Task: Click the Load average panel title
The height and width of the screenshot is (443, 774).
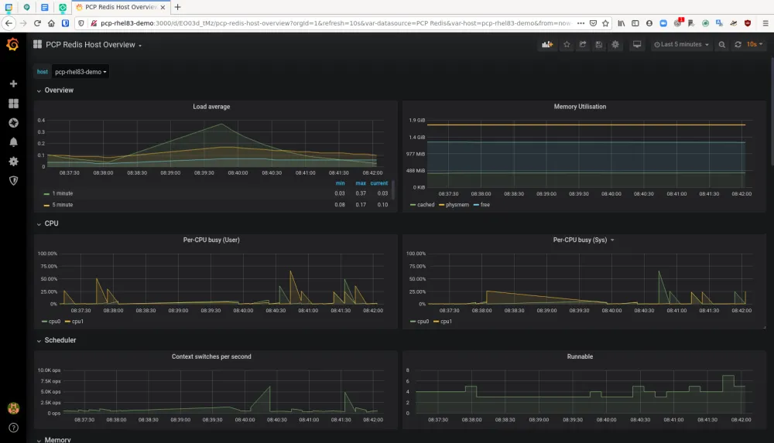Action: click(211, 107)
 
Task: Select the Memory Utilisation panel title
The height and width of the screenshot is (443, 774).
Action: click(580, 107)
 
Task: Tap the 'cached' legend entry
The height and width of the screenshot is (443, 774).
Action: click(426, 205)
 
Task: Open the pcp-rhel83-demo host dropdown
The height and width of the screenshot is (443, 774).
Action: click(81, 72)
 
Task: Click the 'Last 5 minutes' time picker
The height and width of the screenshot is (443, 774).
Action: click(682, 45)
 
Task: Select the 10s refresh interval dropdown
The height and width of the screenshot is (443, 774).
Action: click(755, 45)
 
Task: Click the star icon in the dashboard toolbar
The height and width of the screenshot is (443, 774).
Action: click(567, 45)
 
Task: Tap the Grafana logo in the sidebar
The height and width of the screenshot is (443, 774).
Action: click(12, 45)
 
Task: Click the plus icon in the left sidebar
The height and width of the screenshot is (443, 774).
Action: click(13, 83)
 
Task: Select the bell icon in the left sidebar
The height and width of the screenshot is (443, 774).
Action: click(13, 142)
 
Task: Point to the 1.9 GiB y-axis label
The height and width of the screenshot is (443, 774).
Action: click(416, 121)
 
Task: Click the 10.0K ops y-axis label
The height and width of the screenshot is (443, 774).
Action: click(49, 370)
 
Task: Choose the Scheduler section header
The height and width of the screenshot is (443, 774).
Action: click(60, 340)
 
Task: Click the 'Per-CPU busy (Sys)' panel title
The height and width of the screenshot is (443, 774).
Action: click(580, 240)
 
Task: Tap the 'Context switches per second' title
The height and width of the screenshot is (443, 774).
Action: click(211, 356)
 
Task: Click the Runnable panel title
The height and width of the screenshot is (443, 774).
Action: click(580, 356)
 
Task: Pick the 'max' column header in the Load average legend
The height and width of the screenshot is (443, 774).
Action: click(360, 183)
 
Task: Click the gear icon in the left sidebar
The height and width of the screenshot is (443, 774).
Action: click(13, 162)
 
